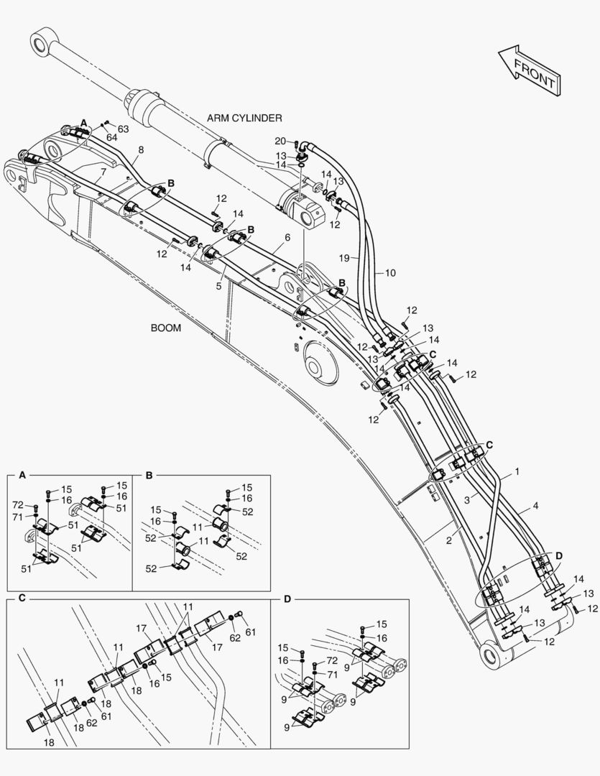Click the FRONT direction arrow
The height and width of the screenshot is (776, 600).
click(528, 70)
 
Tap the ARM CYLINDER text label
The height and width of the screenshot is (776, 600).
click(244, 118)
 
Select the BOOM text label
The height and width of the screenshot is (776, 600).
click(165, 328)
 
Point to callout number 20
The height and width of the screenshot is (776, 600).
click(280, 141)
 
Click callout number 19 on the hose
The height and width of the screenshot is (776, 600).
click(344, 257)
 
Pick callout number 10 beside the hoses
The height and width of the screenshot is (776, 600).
click(390, 273)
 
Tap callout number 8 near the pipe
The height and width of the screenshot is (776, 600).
click(140, 150)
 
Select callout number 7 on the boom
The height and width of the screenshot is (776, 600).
click(103, 172)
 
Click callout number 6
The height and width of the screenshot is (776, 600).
click(287, 237)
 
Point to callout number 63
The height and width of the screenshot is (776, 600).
click(123, 129)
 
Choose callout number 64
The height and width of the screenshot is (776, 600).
click(111, 137)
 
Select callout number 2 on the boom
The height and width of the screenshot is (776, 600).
click(448, 541)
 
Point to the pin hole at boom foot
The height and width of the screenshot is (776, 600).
click(491, 656)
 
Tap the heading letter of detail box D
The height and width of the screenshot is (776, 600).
click(287, 599)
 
